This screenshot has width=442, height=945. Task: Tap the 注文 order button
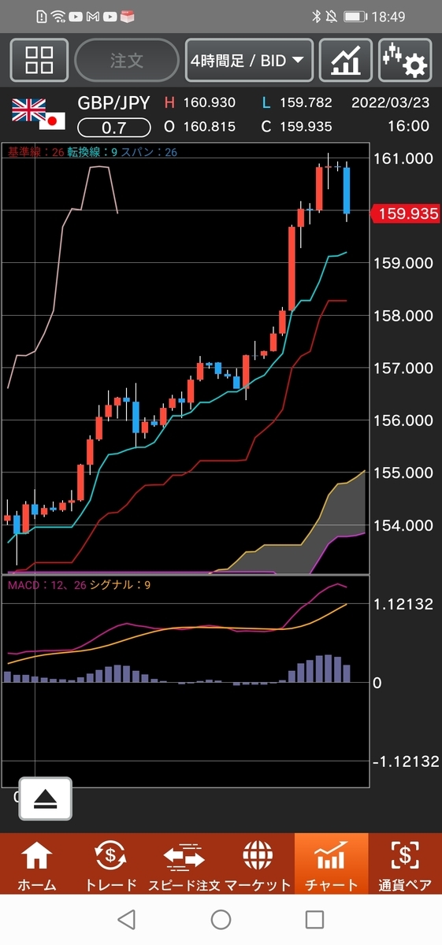click(127, 61)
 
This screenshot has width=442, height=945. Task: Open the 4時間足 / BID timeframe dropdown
click(249, 61)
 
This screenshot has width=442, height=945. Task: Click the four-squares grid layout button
click(39, 61)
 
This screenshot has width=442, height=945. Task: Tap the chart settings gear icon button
click(405, 61)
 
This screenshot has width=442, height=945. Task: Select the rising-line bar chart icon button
click(345, 61)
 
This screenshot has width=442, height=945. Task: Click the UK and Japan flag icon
click(39, 114)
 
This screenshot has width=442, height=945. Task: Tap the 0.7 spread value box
click(114, 128)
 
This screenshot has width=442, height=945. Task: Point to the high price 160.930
click(209, 102)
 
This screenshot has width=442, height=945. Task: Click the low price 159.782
click(306, 102)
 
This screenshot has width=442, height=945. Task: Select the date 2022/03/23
click(390, 102)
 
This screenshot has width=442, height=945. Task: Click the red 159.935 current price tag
click(405, 213)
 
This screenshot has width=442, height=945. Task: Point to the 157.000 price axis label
click(403, 369)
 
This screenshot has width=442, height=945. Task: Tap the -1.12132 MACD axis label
click(406, 762)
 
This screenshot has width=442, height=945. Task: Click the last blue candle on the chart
click(347, 191)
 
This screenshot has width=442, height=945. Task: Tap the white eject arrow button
click(45, 799)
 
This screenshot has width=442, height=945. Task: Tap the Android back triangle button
click(127, 919)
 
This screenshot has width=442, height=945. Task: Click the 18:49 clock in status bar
click(388, 17)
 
